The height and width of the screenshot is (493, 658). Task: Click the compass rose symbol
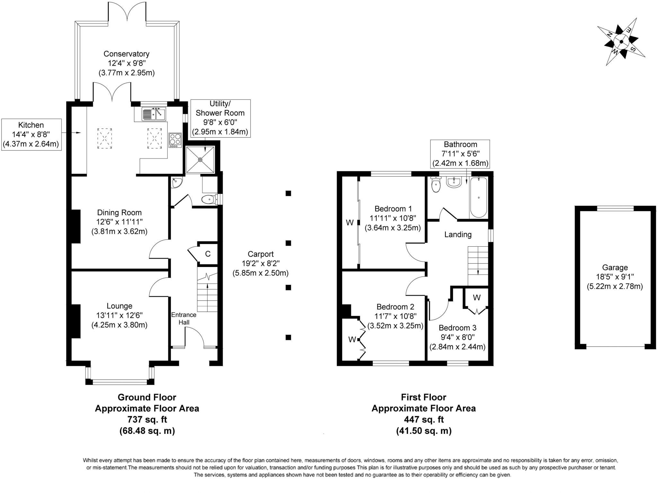[621, 42]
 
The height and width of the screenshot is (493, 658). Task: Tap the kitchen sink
[154, 114]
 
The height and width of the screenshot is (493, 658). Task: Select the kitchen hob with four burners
[175, 140]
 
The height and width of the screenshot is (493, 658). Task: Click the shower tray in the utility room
[200, 159]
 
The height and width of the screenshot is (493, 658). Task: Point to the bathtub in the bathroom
[479, 198]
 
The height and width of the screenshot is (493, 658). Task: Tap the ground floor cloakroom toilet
[210, 199]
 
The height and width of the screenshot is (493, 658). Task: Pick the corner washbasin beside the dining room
[176, 182]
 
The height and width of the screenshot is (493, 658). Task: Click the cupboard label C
[208, 254]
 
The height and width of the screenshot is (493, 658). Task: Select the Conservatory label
[126, 54]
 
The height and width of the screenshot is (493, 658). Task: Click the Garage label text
[615, 267]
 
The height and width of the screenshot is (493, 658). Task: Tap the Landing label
[458, 234]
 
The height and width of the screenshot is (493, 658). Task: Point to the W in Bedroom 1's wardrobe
[350, 222]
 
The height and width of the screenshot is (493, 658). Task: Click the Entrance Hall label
[184, 318]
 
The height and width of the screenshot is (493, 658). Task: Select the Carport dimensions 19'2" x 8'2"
[261, 264]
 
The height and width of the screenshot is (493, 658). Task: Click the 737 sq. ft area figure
[147, 419]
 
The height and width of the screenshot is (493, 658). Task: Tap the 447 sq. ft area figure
[424, 419]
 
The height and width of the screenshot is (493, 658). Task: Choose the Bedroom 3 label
[458, 328]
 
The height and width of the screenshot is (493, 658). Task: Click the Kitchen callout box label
[31, 125]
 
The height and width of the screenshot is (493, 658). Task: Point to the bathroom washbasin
[454, 182]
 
